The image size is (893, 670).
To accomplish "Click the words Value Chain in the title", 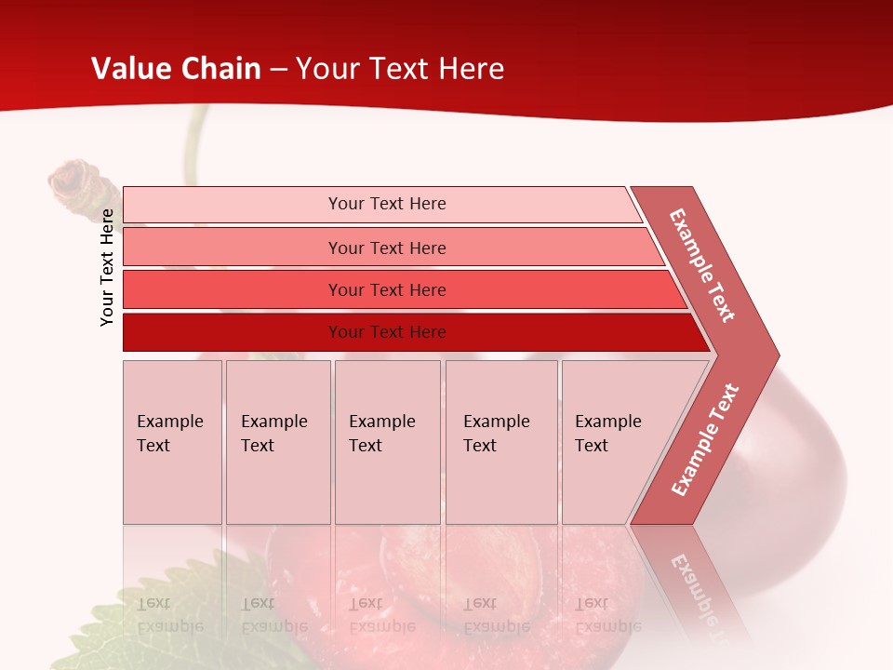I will click(x=176, y=69).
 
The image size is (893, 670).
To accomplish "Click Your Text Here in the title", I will click(x=400, y=69).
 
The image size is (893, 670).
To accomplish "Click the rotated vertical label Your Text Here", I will click(x=107, y=267).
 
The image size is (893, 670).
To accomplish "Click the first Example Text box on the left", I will click(x=172, y=442).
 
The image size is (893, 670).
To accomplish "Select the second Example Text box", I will click(x=277, y=442).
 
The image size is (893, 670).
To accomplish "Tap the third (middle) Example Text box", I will click(x=387, y=442).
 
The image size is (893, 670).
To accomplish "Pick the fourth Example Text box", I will click(x=500, y=442).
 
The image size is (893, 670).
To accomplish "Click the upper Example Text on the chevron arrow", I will click(x=702, y=265).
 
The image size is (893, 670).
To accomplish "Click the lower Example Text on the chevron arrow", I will click(x=705, y=439).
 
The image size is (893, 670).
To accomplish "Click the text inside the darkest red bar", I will click(x=387, y=332).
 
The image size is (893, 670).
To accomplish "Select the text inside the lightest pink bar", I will click(x=387, y=204).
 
